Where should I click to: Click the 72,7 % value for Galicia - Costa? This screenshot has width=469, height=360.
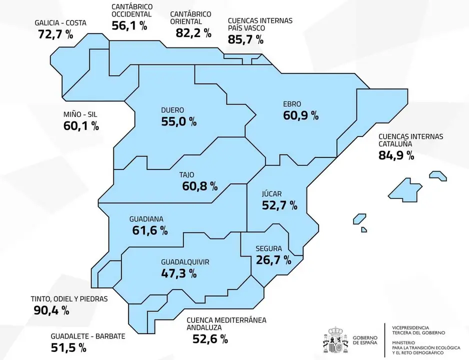pyautogui.click(x=55, y=35)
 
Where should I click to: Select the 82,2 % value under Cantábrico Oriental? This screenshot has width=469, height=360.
pyautogui.click(x=193, y=33)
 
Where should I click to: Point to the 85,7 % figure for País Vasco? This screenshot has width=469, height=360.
pyautogui.click(x=245, y=38)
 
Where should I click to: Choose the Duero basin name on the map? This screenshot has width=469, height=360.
pyautogui.click(x=172, y=110)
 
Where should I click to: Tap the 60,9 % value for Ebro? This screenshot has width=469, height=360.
pyautogui.click(x=300, y=115)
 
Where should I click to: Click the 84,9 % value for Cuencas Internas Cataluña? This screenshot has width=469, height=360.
pyautogui.click(x=396, y=154)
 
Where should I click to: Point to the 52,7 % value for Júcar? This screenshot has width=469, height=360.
pyautogui.click(x=279, y=205)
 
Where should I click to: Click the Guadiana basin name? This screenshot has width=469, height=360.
pyautogui.click(x=146, y=219)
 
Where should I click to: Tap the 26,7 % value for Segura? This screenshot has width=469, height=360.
pyautogui.click(x=273, y=259)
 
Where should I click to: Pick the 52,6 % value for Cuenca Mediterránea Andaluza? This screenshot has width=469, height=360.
pyautogui.click(x=210, y=338)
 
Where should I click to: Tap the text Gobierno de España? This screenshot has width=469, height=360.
pyautogui.click(x=365, y=340)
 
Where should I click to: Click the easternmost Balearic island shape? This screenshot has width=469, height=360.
pyautogui.click(x=437, y=176)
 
